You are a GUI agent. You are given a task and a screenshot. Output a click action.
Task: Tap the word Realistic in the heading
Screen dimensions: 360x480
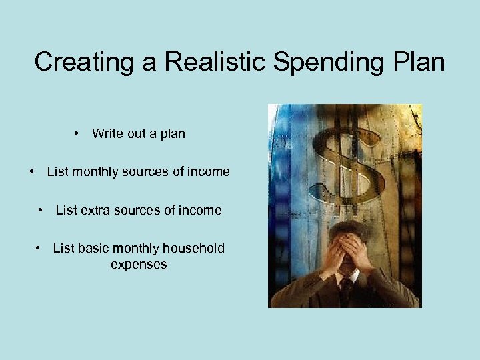click(x=197, y=62)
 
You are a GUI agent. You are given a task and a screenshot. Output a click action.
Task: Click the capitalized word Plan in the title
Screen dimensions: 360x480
click(x=418, y=62)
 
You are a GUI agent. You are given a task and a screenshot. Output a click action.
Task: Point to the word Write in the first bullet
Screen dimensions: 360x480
click(x=107, y=133)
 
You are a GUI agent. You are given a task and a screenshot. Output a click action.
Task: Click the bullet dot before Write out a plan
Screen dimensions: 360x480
click(x=79, y=134)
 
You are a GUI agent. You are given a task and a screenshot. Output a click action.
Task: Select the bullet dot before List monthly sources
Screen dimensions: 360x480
click(x=33, y=172)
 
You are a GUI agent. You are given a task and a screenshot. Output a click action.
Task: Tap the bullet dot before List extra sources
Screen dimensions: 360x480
click(x=41, y=211)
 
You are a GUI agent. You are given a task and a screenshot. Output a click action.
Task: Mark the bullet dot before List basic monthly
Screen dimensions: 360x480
click(x=39, y=249)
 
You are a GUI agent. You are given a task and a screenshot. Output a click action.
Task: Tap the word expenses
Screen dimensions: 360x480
click(x=139, y=265)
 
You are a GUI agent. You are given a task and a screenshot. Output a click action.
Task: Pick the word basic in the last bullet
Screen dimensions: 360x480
click(x=93, y=249)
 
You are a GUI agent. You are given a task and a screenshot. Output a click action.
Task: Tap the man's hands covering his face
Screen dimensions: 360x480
click(x=347, y=250)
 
